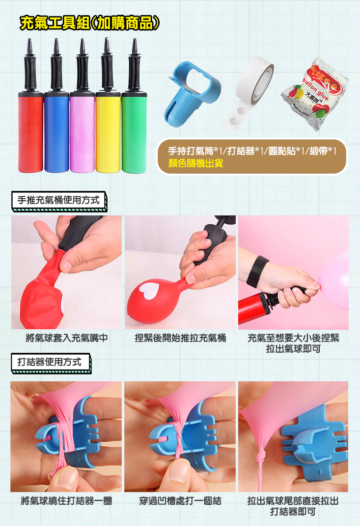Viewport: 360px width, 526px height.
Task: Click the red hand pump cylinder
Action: click(30, 132)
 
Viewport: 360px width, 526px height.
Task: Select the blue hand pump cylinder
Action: click(56, 132)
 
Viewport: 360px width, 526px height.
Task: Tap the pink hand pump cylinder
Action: click(83, 132)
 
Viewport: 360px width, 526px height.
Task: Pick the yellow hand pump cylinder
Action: click(108, 132)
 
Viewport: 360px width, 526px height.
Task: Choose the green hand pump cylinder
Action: click(134, 132)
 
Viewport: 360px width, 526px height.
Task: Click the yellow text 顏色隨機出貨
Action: click(196, 163)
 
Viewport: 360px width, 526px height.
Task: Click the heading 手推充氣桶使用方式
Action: click(58, 200)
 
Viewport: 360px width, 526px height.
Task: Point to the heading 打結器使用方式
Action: click(50, 362)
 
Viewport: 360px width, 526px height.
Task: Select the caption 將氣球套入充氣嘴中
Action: click(67, 338)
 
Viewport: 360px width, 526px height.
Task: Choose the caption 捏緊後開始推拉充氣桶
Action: click(180, 338)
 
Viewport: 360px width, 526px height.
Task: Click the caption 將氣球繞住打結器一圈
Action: click(66, 501)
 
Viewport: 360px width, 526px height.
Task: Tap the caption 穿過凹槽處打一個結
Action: click(180, 501)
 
